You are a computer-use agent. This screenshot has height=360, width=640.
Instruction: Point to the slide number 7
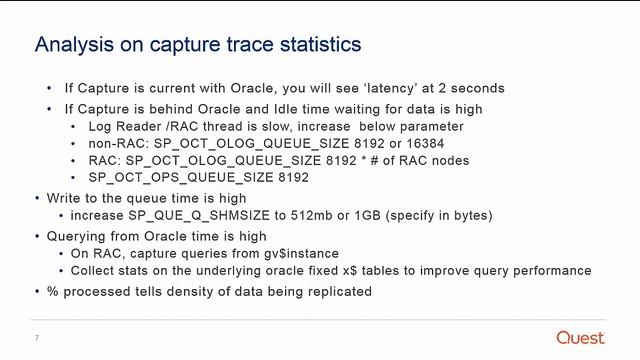point(36,337)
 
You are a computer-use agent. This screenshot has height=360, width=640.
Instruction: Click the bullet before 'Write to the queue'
point(38,197)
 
